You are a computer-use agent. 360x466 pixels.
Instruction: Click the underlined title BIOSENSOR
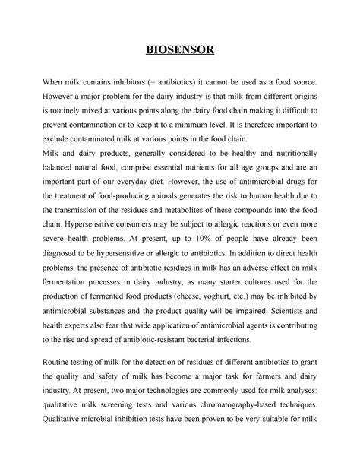pos(180,51)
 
